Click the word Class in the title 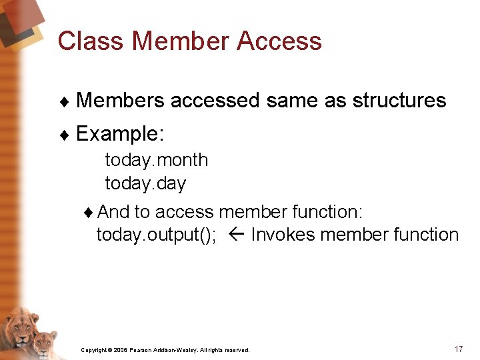(90, 41)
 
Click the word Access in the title (279, 41)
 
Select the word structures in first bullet (399, 101)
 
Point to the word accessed (215, 101)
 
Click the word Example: (120, 134)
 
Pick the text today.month (157, 160)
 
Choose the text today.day (145, 183)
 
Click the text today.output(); (157, 235)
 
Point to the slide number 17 (458, 349)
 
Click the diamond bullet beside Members (64, 101)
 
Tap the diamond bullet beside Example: (64, 135)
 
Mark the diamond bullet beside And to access (90, 213)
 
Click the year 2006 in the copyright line (120, 350)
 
